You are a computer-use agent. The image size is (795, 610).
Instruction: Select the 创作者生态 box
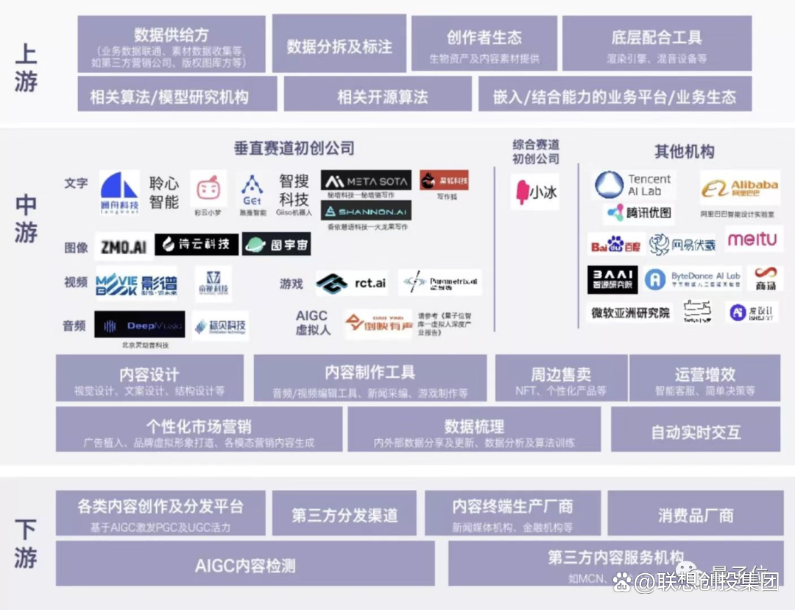coord(484,45)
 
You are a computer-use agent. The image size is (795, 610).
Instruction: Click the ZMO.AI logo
coord(123,246)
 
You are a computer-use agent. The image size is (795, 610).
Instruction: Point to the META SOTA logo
coord(366,180)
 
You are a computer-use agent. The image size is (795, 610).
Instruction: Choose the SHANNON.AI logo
coord(366,211)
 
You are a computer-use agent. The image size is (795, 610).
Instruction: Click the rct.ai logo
coord(352,283)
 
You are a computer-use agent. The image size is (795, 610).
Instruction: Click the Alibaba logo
coord(740,189)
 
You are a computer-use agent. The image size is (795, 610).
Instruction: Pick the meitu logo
coord(752,239)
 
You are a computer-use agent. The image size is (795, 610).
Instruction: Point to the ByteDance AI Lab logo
coord(693,279)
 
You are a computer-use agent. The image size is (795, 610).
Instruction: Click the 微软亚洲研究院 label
coord(631,312)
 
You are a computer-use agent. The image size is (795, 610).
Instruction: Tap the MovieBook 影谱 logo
coord(137,283)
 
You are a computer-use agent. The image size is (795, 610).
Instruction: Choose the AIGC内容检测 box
coord(245,566)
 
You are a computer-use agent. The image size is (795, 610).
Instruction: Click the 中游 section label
coord(26,220)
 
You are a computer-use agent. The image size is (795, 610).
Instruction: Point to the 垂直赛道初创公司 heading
coord(294,148)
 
